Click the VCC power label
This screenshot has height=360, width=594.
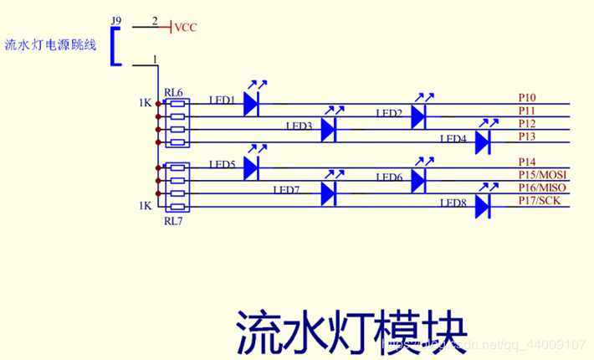pyautogui.click(x=186, y=28)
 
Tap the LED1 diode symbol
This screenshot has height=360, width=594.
pyautogui.click(x=253, y=104)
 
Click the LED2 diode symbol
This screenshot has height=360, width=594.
pyautogui.click(x=419, y=116)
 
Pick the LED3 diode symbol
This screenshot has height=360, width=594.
pyautogui.click(x=329, y=129)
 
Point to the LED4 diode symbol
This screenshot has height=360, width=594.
pyautogui.click(x=482, y=142)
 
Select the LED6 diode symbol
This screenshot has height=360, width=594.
pyautogui.click(x=419, y=180)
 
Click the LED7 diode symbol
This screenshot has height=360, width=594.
pyautogui.click(x=329, y=193)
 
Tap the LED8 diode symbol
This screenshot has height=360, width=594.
pyautogui.click(x=482, y=206)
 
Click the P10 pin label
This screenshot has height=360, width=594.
pyautogui.click(x=527, y=98)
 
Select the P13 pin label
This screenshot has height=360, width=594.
pyautogui.click(x=527, y=136)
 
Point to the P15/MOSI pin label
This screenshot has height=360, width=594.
pyautogui.click(x=542, y=174)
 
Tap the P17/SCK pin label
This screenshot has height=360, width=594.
pyautogui.click(x=540, y=200)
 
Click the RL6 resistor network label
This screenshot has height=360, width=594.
pyautogui.click(x=174, y=92)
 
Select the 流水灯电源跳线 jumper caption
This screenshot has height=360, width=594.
pyautogui.click(x=50, y=44)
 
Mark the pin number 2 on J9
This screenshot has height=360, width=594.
pyautogui.click(x=154, y=18)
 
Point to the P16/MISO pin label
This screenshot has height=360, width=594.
pyautogui.click(x=542, y=188)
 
